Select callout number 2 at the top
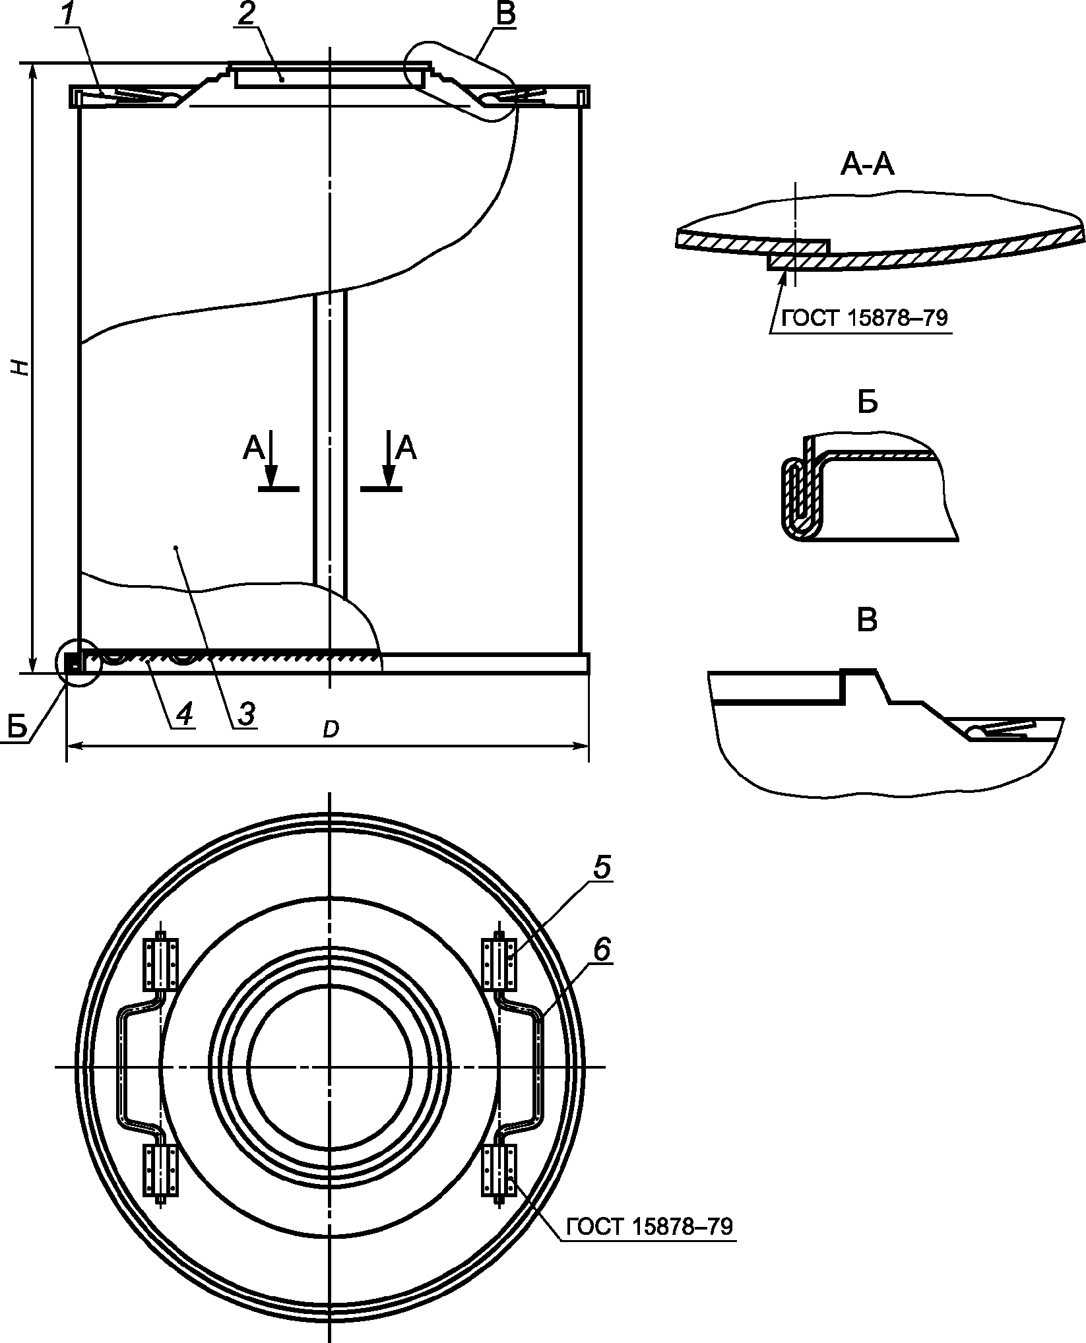click(245, 15)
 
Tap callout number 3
click(245, 714)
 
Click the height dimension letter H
click(22, 368)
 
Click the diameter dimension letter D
click(331, 730)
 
